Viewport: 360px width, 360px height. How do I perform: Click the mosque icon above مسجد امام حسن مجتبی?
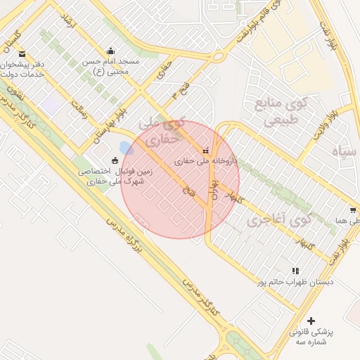110,51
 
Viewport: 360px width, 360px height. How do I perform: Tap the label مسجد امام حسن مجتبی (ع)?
112,66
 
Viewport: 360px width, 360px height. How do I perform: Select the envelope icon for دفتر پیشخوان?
22,55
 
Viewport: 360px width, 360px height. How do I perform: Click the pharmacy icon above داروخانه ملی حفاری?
206,150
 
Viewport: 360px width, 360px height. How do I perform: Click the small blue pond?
127,148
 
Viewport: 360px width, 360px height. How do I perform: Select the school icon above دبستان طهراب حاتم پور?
295,270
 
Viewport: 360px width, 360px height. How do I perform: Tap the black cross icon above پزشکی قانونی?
311,321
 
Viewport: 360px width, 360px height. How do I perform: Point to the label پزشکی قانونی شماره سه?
311,335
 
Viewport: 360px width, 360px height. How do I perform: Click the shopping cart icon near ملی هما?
352,210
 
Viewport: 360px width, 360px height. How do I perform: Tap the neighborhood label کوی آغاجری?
279,219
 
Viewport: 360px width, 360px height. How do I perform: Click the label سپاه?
345,151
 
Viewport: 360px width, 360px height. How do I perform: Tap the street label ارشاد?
66,20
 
